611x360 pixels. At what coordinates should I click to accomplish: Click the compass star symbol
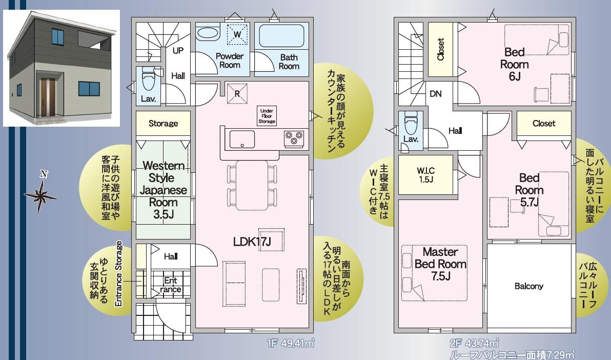pos(40,195)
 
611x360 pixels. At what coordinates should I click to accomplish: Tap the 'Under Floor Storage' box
pos(267,116)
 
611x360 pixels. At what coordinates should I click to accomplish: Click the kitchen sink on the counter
pos(242,139)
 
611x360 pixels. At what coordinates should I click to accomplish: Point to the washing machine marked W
pos(237,34)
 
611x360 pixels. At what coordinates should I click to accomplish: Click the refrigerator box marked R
pos(237,94)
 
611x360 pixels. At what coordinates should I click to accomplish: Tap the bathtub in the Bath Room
pos(281,36)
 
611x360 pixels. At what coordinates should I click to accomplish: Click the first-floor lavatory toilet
pos(148,81)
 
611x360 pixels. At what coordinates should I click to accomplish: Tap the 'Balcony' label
pos(529,286)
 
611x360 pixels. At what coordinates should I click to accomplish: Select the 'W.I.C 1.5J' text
pos(425,175)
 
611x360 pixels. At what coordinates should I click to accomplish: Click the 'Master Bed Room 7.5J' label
pos(440,264)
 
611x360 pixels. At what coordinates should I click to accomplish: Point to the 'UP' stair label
pos(178,51)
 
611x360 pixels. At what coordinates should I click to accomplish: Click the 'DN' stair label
pos(436,94)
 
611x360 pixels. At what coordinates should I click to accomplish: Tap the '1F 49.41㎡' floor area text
pos(290,344)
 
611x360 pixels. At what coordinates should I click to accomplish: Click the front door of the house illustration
pos(48,97)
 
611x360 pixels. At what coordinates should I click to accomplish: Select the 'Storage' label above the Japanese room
pos(164,124)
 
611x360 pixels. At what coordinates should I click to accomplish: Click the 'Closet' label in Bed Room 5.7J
pos(543,124)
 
